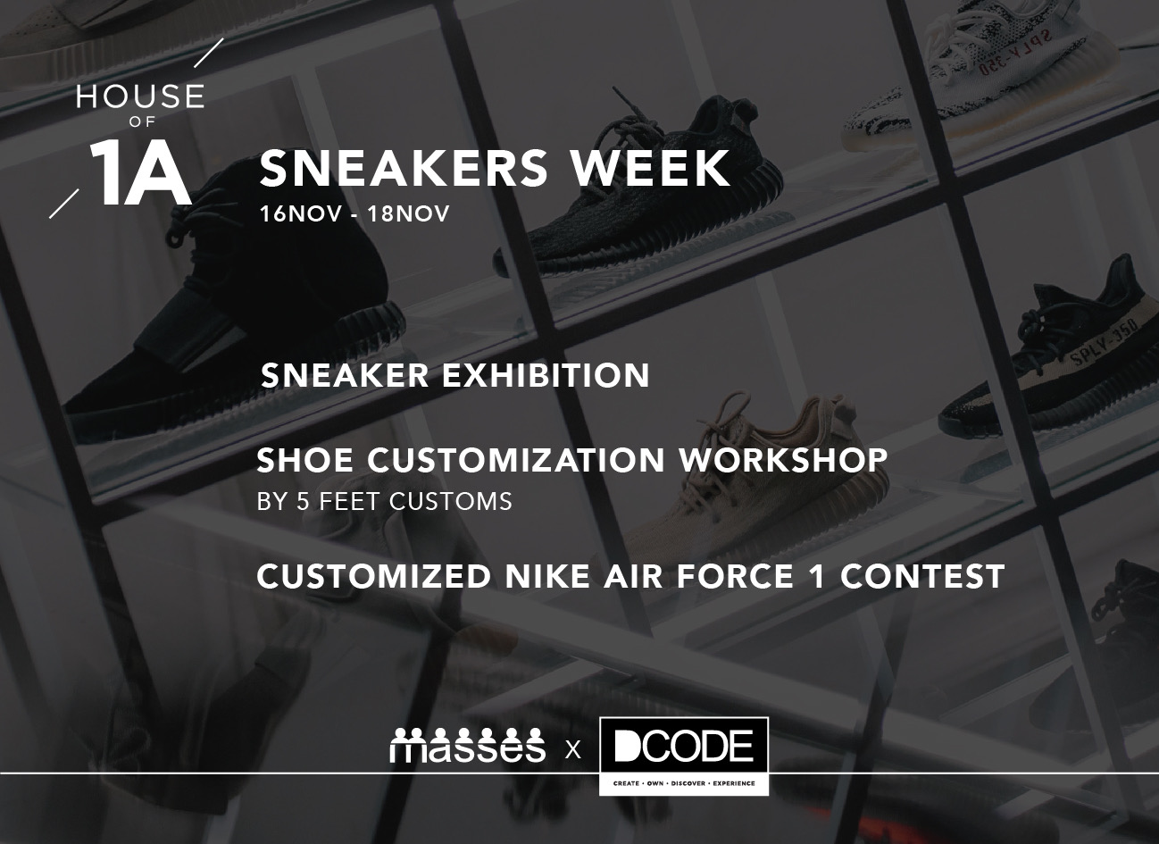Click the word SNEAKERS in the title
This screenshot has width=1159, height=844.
click(x=404, y=168)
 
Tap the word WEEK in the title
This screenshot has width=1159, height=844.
click(x=650, y=168)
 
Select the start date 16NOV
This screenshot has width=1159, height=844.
click(x=301, y=213)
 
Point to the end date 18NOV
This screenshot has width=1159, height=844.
click(x=408, y=213)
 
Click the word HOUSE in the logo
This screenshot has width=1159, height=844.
click(x=140, y=96)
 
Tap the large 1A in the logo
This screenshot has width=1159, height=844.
click(x=141, y=172)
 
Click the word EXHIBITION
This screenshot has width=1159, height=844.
click(x=546, y=375)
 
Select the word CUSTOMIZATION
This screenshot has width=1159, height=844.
click(x=516, y=460)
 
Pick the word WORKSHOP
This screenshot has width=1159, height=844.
click(x=784, y=460)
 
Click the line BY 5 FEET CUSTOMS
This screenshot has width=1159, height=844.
click(x=385, y=501)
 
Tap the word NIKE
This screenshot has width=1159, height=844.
click(x=547, y=576)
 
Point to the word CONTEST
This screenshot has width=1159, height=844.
click(x=922, y=576)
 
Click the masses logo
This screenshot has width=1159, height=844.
click(x=468, y=745)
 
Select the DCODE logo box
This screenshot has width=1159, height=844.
click(x=683, y=756)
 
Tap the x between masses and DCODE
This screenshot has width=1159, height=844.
click(x=572, y=750)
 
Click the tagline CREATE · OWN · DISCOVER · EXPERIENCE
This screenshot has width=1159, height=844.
click(x=683, y=783)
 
